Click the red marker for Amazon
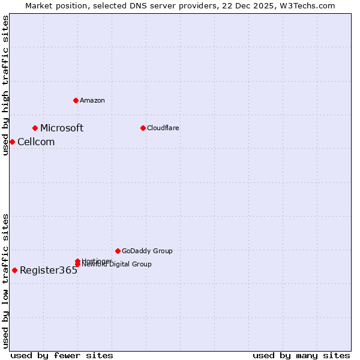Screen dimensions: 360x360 click(x=76, y=100)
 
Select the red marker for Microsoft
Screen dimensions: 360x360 click(x=35, y=128)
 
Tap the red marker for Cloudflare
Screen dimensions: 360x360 click(x=143, y=128)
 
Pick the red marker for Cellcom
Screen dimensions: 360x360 click(x=12, y=142)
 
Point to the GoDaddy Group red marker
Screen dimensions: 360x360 click(x=118, y=251)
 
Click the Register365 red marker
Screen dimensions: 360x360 click(x=14, y=270)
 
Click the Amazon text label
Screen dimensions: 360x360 click(x=92, y=100)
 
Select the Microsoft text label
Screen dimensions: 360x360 click(x=62, y=128)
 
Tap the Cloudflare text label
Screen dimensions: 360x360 click(x=163, y=128)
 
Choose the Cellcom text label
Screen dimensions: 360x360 click(x=36, y=142)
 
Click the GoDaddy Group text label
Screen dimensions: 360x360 click(x=147, y=251)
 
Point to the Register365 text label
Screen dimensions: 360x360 click(x=49, y=270)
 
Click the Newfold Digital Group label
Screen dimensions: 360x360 click(x=116, y=265)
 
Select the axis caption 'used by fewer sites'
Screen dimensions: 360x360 click(x=62, y=355)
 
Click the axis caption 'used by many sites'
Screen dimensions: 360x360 click(x=301, y=355)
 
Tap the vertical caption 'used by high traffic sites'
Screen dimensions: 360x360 click(x=5, y=85)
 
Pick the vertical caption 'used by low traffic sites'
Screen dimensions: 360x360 click(x=5, y=281)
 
